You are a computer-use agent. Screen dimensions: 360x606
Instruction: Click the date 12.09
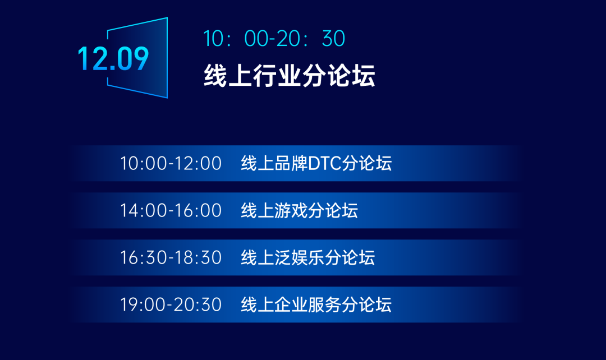pos(113,58)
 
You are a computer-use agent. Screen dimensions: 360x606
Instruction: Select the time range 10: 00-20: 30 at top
pos(274,39)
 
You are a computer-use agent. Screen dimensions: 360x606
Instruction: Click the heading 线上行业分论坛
pos(289,76)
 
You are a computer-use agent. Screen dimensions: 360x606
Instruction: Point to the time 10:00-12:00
pos(171,164)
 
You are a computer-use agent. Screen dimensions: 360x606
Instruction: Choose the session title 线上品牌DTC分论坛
pos(316,164)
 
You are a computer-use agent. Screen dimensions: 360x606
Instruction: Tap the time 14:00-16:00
pos(171,211)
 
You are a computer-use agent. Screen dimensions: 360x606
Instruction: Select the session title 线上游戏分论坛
pos(299,211)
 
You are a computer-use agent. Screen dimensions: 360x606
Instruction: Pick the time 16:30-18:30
pos(171,258)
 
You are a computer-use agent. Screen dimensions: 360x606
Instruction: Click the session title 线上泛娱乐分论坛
pos(307,258)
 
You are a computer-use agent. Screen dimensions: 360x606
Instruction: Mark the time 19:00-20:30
pos(171,305)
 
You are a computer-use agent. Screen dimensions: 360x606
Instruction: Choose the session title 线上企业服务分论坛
pos(316,305)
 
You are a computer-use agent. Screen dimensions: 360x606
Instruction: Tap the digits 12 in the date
pos(91,58)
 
